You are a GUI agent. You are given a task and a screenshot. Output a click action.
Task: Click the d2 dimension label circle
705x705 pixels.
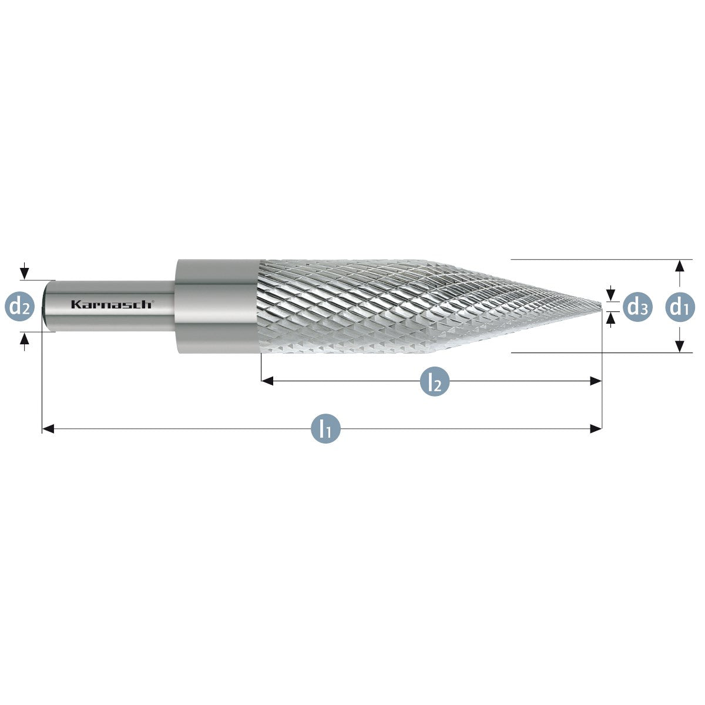click(20, 306)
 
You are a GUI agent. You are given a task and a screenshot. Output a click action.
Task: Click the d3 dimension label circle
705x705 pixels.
click(637, 307)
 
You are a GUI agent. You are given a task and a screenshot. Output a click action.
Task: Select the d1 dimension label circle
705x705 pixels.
click(680, 307)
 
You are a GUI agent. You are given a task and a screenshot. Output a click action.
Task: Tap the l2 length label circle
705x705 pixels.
click(435, 381)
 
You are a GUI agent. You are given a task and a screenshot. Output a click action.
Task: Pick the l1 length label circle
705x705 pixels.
click(325, 429)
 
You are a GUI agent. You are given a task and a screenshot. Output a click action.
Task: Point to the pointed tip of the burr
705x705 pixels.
click(601, 306)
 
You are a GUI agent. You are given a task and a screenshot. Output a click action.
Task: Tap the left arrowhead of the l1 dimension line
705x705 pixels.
click(48, 429)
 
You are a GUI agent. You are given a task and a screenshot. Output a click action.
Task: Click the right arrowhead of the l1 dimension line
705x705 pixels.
click(596, 429)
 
